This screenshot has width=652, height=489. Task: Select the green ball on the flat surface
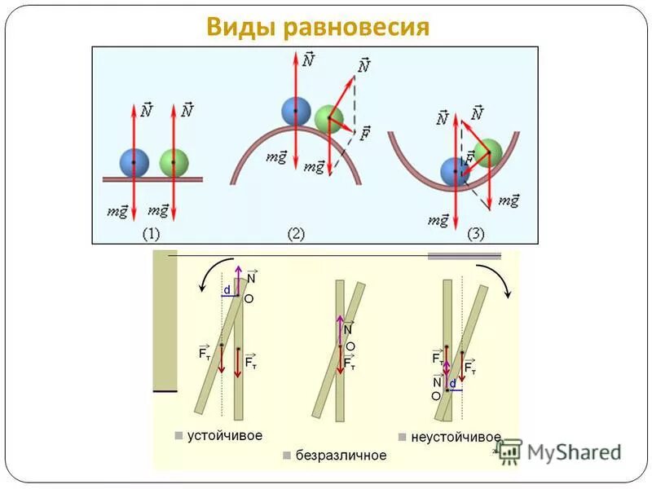coord(174,162)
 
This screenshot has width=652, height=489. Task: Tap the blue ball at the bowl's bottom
coord(454,171)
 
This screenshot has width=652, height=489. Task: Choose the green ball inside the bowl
coord(487,152)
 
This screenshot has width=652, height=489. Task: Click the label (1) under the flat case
coord(151,234)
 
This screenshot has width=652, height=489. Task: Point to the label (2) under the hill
coord(296,234)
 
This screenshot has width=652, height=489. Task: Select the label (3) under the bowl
coord(475,234)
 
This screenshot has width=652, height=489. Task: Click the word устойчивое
coord(224,435)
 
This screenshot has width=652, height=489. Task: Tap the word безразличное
coord(341,455)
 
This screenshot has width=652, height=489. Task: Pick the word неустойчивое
coord(456,437)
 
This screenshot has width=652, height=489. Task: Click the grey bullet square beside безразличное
coord(287,455)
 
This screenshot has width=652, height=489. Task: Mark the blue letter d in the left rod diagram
coord(227,289)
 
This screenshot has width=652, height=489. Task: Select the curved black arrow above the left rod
coord(209,276)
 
